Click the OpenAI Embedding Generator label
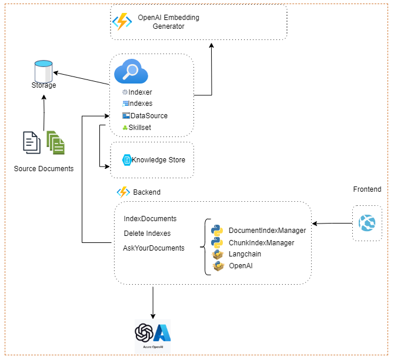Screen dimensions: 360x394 coord(168,22)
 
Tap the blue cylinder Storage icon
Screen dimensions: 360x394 coord(44,71)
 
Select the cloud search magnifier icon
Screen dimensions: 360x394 coord(131,72)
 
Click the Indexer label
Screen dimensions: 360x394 coord(140,92)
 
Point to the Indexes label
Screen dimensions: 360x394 coord(141,104)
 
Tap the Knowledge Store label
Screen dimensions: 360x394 coord(158,160)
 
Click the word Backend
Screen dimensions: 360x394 coord(146,192)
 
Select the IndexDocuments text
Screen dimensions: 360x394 coord(150,219)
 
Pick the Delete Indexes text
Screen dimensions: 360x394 coord(147,234)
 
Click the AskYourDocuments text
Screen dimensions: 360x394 coord(153,248)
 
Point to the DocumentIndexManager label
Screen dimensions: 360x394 coord(267,231)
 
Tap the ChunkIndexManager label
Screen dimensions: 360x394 coord(261,242)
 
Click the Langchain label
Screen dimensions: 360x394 coord(245,254)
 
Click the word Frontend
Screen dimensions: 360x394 coord(367,189)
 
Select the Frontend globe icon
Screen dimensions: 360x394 coord(367,224)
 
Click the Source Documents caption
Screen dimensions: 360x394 coord(44,169)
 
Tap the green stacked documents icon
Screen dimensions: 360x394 coord(56,142)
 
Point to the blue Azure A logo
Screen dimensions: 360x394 coord(162,332)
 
